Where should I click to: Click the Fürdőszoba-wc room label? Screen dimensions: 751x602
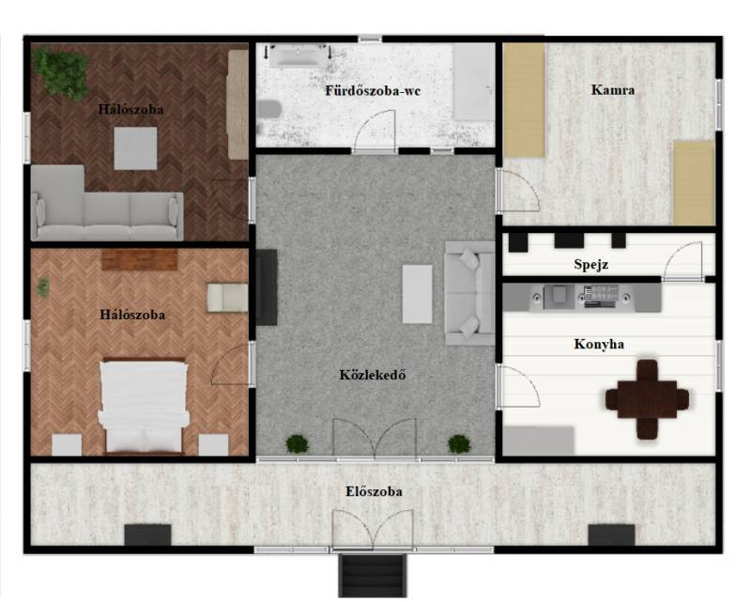(x=373, y=90)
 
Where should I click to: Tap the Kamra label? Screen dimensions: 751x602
(x=613, y=89)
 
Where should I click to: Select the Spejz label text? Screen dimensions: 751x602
(x=591, y=264)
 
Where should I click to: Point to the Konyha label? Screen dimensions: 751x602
(x=599, y=344)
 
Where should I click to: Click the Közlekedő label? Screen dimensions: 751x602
(x=373, y=375)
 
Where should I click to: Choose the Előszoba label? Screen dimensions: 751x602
(x=374, y=491)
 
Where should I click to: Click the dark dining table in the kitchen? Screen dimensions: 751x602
(x=647, y=399)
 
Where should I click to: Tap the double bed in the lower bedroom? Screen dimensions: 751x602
(x=144, y=407)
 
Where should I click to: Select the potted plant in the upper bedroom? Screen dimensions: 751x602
(x=61, y=73)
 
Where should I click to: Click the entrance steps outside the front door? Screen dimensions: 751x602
(x=373, y=575)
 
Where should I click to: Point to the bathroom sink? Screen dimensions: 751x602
(x=298, y=55)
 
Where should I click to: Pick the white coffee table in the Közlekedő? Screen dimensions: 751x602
(x=417, y=294)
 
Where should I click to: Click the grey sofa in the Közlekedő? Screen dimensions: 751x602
(x=469, y=293)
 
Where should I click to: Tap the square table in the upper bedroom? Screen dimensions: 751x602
(x=135, y=148)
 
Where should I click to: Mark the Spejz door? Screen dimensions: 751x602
(x=682, y=261)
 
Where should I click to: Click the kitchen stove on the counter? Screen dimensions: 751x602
(x=600, y=296)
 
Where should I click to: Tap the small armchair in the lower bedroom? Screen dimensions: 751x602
(x=227, y=297)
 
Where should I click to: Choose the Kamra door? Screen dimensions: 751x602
(x=519, y=190)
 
